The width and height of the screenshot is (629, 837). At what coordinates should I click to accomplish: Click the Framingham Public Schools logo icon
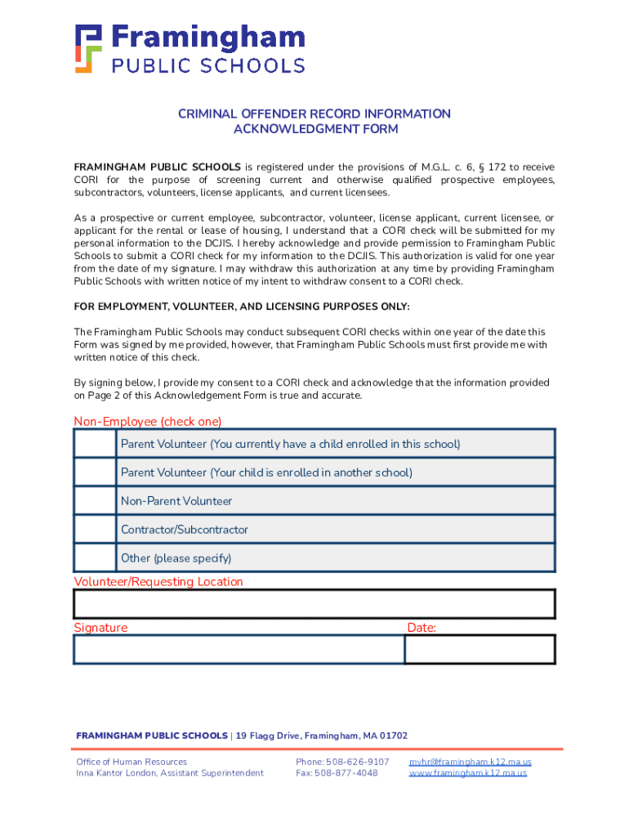point(89,49)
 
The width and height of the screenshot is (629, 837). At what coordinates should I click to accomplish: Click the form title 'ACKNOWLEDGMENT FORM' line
point(315,129)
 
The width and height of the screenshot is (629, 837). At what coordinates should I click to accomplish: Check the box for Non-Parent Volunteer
point(95,501)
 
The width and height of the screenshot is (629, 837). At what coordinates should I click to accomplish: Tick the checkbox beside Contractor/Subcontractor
point(95,530)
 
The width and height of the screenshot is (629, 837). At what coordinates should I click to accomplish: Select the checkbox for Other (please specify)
point(95,558)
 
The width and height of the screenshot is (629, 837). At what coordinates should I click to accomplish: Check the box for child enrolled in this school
point(95,444)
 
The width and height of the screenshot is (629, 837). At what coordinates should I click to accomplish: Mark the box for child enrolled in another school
point(95,472)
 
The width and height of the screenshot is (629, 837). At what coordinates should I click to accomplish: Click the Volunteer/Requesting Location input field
point(314,604)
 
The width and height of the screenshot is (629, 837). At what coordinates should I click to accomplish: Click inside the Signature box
point(239,649)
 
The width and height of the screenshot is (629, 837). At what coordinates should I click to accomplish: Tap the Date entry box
point(480,649)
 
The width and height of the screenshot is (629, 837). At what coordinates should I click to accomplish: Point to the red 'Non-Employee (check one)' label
point(148,422)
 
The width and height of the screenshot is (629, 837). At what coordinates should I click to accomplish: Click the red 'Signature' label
point(100,628)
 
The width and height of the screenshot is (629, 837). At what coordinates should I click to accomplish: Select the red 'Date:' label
point(422,628)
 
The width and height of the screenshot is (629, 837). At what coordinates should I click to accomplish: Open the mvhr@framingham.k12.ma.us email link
point(470,762)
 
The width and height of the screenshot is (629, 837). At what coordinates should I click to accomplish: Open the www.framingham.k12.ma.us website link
point(467,773)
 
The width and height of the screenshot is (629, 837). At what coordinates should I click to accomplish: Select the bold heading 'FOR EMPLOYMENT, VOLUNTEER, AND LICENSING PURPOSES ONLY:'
point(242,307)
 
